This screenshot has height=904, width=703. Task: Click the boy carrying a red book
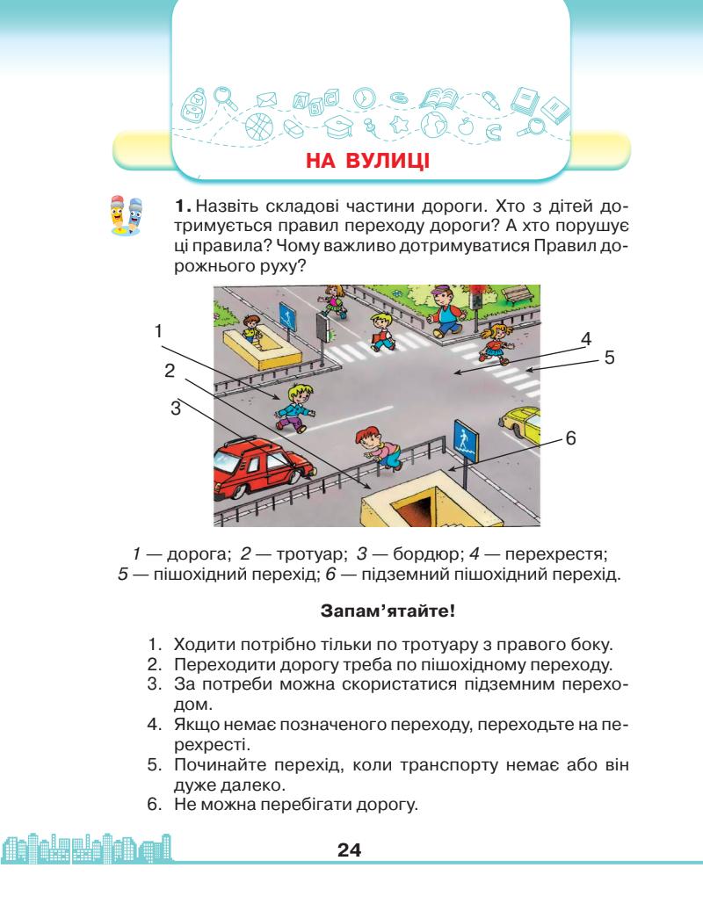pos(383,329)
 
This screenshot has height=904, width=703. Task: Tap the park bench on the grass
pos(518,293)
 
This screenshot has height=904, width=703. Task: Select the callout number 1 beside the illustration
pos(159,331)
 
